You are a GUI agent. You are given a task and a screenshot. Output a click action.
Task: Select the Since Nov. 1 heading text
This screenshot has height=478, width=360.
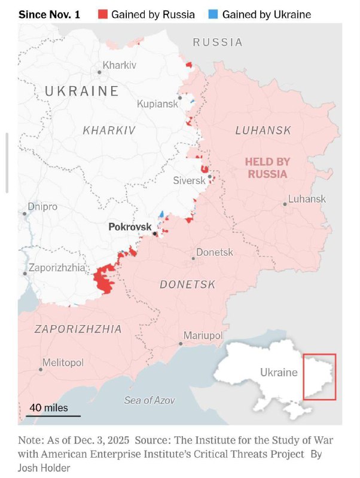pos(50,14)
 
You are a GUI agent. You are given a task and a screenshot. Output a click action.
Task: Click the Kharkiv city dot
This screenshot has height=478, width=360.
pos(99,72)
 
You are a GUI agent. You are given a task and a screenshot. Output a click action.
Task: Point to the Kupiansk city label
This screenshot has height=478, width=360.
pos(157,104)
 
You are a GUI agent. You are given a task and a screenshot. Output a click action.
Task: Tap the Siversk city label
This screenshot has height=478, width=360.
pos(189,180)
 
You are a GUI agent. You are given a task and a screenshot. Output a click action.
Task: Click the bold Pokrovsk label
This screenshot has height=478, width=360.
pos(130,227)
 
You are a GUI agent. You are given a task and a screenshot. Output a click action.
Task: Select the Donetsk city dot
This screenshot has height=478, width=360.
pos(194,258)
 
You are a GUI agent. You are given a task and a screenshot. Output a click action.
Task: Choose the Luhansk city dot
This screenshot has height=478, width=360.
pos(285,204)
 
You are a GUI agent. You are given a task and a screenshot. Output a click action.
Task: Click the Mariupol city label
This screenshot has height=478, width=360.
pos(203,335)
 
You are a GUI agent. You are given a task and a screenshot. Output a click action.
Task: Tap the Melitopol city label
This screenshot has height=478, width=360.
pos(63,363)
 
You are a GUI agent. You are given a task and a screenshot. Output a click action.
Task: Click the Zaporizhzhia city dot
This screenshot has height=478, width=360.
pos(25,274)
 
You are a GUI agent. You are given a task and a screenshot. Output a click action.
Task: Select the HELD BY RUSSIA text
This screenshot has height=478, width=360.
pos(267,168)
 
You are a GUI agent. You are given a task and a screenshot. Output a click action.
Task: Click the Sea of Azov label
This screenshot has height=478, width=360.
pos(150,400)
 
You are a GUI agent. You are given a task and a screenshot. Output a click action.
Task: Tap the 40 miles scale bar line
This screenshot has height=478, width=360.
pos(53,415)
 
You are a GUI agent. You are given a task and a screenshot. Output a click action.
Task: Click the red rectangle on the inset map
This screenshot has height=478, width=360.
pos(319,376)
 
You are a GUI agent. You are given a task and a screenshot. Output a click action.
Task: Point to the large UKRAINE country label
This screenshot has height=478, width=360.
pos(82,91)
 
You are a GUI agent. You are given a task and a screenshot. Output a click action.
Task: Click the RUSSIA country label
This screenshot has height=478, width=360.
pos(218,42)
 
